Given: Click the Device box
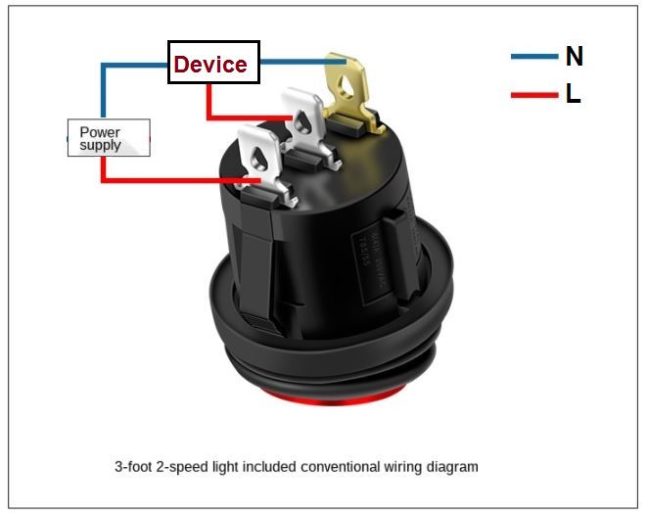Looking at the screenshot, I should tap(213, 63).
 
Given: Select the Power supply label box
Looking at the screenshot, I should tap(108, 138).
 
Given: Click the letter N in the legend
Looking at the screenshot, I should tap(575, 57).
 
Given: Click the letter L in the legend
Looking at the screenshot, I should tap(573, 95).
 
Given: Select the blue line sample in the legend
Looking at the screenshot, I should tap(532, 57).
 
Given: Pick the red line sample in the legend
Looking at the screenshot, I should tap(532, 95).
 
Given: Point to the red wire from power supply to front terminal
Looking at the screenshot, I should tap(176, 181).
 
